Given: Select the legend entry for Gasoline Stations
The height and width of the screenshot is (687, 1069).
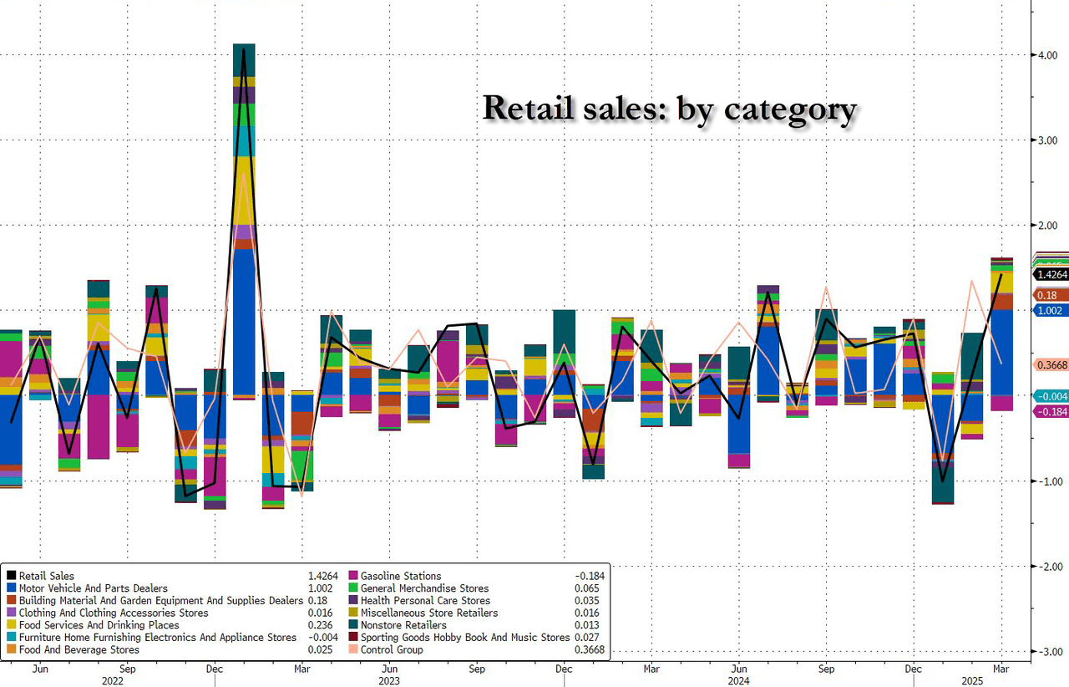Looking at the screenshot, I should click(x=401, y=576).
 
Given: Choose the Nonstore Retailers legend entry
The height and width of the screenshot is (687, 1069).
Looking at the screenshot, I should click(x=403, y=625).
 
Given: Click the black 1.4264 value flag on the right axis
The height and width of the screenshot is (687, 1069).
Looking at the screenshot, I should click(x=1051, y=274).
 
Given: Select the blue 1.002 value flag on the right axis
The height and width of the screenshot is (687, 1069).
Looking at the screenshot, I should click(x=1050, y=310).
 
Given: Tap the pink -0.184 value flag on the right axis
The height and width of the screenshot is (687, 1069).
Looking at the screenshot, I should click(x=1051, y=412).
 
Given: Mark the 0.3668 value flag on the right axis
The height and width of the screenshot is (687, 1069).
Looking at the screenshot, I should click(x=1051, y=364).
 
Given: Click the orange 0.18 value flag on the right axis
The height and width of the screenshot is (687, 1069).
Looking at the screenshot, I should click(x=1047, y=295).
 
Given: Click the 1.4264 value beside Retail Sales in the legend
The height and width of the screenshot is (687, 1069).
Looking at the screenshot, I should click(x=324, y=576).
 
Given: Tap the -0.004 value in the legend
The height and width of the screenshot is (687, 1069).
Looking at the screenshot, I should click(x=323, y=638).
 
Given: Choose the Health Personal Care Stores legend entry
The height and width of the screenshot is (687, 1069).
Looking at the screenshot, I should click(x=425, y=600).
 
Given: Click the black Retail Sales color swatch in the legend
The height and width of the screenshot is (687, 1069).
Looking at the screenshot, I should click(x=11, y=576).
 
